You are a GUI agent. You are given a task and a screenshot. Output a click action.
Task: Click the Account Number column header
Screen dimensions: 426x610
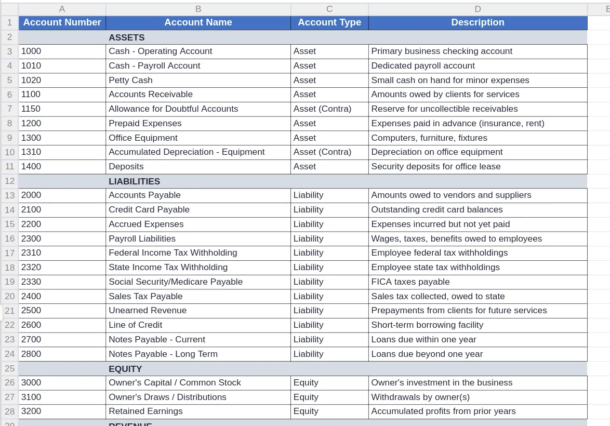[x=62, y=22]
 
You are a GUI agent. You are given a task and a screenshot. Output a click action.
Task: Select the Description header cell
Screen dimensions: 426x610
[x=478, y=22]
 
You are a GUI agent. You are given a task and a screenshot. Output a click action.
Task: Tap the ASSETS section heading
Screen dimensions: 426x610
[x=127, y=37]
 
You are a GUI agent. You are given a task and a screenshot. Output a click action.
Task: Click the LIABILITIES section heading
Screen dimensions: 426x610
[x=134, y=181]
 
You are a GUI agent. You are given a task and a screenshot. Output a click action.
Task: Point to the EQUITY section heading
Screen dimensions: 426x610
[x=125, y=369]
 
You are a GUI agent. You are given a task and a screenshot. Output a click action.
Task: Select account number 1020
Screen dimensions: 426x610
[x=31, y=80]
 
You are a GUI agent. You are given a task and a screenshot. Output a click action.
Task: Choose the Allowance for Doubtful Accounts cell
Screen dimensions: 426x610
[x=173, y=109]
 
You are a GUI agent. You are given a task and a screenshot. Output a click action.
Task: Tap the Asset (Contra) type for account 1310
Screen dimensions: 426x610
[x=322, y=152]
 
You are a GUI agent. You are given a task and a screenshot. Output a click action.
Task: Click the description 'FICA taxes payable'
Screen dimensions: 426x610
[x=410, y=282]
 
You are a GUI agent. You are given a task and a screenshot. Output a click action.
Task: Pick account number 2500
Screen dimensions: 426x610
[x=31, y=310]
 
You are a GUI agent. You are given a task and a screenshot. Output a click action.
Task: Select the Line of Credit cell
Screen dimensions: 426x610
[x=135, y=325]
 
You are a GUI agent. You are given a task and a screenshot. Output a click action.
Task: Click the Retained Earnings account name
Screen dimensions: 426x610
[x=145, y=411]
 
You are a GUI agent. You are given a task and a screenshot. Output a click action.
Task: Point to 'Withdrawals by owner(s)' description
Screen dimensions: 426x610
[x=420, y=397]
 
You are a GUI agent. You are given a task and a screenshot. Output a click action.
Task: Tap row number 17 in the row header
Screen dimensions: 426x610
[x=9, y=253]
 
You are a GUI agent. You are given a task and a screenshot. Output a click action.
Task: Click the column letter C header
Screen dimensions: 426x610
[x=329, y=9]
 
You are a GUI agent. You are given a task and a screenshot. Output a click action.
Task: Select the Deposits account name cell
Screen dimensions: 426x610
[x=126, y=166]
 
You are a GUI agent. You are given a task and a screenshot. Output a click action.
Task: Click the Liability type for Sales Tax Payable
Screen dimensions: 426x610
[x=308, y=296]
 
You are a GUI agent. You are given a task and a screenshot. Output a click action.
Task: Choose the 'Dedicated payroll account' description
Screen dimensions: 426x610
[x=423, y=65]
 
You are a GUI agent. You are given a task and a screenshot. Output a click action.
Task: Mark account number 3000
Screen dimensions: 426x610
[x=31, y=382]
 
